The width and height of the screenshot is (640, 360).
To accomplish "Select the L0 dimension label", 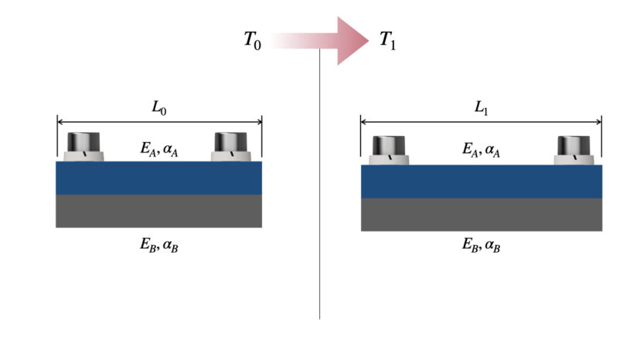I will [158, 109].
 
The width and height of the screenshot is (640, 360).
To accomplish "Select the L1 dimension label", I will [481, 109].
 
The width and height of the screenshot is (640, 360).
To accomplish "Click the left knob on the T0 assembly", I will [83, 146].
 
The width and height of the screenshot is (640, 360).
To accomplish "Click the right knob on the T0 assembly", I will [230, 146].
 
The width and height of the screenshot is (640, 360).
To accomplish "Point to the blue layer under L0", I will [158, 178].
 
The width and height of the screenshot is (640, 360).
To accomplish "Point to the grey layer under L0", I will [158, 211].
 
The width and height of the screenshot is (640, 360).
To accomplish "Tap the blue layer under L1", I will [481, 182].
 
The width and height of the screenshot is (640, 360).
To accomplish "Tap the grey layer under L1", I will [481, 214].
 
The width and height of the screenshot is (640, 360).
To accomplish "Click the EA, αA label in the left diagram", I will [158, 150].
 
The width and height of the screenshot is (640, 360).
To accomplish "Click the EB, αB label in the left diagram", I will [158, 246].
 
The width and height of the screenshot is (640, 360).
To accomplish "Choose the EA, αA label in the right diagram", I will [481, 150].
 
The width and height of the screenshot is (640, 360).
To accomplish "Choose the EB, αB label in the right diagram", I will [481, 246].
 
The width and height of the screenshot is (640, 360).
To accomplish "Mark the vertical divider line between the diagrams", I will [319, 193].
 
